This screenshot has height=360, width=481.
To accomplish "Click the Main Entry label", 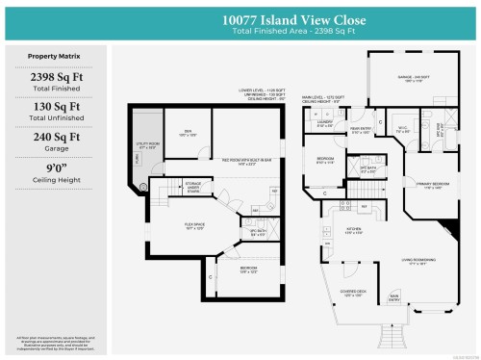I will pyautogui.click(x=393, y=296).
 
